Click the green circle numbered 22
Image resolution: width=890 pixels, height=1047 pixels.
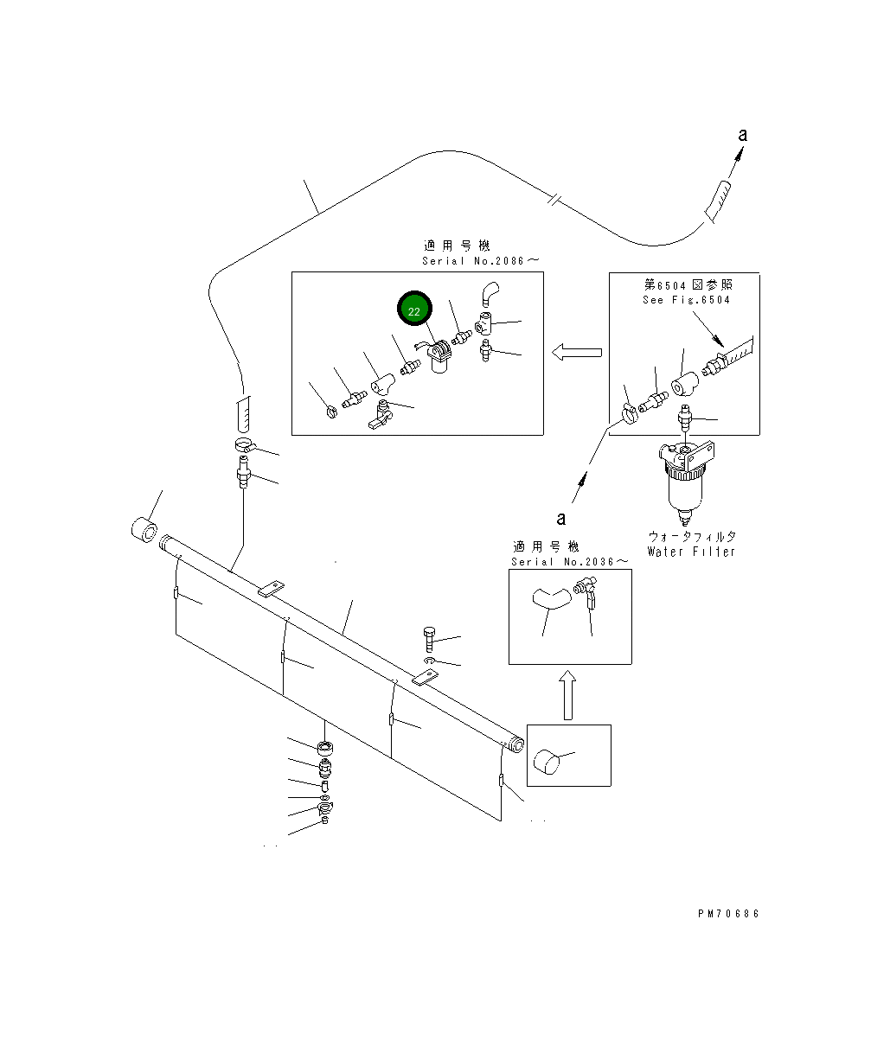pyautogui.click(x=414, y=309)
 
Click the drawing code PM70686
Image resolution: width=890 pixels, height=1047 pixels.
pyautogui.click(x=728, y=914)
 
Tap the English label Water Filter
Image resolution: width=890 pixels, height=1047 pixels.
pyautogui.click(x=691, y=552)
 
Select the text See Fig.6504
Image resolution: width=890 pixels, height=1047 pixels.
pyautogui.click(x=686, y=300)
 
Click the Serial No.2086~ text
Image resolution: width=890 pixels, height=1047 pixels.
pyautogui.click(x=481, y=261)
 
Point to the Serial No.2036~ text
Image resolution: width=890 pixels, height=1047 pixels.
pyautogui.click(x=570, y=562)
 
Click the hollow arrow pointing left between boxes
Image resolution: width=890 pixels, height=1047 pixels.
pyautogui.click(x=577, y=352)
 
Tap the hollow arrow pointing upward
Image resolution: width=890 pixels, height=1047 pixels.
pyautogui.click(x=568, y=695)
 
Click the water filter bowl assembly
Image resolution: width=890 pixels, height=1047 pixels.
pyautogui.click(x=686, y=482)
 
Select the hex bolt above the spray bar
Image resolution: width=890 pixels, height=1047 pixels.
pyautogui.click(x=429, y=639)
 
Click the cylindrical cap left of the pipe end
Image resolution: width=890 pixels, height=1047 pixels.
pyautogui.click(x=144, y=530)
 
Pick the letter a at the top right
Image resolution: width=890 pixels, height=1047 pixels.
pyautogui.click(x=742, y=135)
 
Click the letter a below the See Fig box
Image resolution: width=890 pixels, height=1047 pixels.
pyautogui.click(x=561, y=519)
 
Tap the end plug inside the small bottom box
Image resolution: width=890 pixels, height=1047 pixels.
pyautogui.click(x=547, y=762)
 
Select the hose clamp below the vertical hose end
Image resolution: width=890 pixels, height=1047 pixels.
pyautogui.click(x=246, y=446)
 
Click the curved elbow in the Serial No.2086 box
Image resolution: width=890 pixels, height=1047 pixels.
pyautogui.click(x=490, y=294)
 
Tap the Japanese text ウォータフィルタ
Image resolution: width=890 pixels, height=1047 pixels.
pyautogui.click(x=692, y=536)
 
